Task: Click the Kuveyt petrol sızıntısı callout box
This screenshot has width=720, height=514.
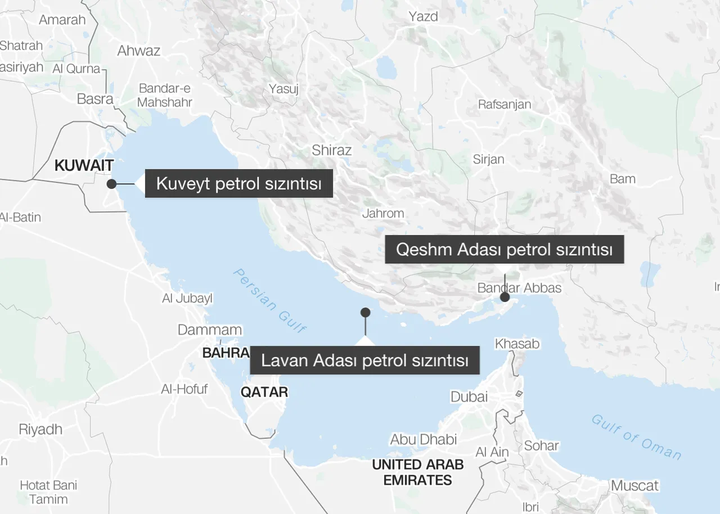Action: pyautogui.click(x=238, y=183)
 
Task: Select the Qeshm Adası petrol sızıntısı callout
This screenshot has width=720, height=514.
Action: pyautogui.click(x=504, y=249)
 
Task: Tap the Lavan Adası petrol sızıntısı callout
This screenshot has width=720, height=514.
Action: pyautogui.click(x=364, y=360)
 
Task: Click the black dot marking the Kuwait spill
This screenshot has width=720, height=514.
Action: pyautogui.click(x=111, y=183)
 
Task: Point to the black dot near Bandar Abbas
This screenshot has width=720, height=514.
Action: pyautogui.click(x=505, y=297)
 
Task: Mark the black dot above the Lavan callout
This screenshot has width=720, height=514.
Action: pyautogui.click(x=365, y=312)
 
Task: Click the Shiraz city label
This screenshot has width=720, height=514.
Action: pyautogui.click(x=332, y=150)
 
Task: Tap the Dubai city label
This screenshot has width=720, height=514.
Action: pyautogui.click(x=469, y=396)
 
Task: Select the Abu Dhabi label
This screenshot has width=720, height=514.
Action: pyautogui.click(x=424, y=439)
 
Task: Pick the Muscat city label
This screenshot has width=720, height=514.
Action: pyautogui.click(x=634, y=485)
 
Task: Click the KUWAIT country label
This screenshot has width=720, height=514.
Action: pyautogui.click(x=84, y=165)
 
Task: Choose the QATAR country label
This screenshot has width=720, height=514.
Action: pyautogui.click(x=264, y=392)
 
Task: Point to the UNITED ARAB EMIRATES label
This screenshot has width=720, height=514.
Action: pyautogui.click(x=418, y=472)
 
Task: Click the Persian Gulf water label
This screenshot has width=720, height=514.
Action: pyautogui.click(x=270, y=300)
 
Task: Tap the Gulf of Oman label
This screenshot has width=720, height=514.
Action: pyautogui.click(x=636, y=437)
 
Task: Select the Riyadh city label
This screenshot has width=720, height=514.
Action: pyautogui.click(x=40, y=430)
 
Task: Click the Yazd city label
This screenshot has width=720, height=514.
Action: pyautogui.click(x=424, y=16)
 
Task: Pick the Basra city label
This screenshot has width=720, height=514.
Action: pyautogui.click(x=95, y=99)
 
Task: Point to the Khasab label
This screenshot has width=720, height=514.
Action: pyautogui.click(x=517, y=343)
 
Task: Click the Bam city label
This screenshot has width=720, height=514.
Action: pyautogui.click(x=623, y=179)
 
